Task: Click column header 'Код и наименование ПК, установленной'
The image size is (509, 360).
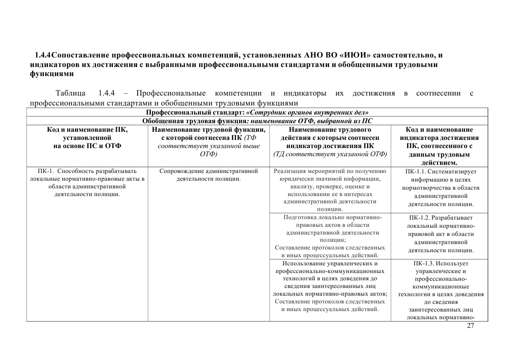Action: coord(87,138)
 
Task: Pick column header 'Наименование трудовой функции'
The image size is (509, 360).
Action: coord(209,142)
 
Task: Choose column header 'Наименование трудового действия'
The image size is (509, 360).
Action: coord(330,142)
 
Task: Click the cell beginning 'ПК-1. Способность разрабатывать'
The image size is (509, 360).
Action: coord(87,182)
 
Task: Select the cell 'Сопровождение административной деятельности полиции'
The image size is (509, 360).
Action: coord(209,175)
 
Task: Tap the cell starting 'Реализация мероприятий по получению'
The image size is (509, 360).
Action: coord(330,190)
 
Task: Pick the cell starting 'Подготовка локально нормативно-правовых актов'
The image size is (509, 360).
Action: coord(330,236)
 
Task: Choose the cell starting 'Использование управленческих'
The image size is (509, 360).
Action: coord(330,286)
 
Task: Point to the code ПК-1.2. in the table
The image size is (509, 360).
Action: coord(419,218)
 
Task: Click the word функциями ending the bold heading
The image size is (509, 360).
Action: coord(50,73)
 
